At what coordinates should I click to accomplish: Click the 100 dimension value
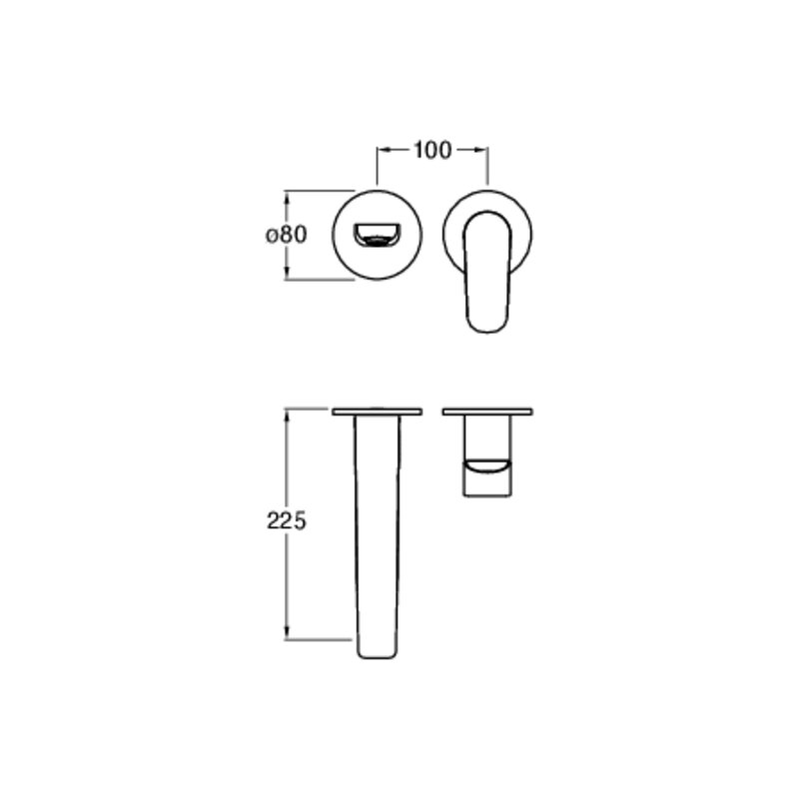tap(432, 151)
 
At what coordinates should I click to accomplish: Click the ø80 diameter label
tap(287, 235)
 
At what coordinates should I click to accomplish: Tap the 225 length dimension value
tap(287, 520)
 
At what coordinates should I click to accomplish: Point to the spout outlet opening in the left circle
tap(377, 236)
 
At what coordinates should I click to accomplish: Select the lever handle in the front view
tap(487, 272)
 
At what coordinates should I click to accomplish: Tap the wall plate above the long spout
tap(378, 411)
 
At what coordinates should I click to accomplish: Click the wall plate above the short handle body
tap(487, 411)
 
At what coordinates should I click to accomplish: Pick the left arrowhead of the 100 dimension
tap(384, 150)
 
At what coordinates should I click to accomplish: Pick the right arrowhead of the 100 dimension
tap(481, 150)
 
